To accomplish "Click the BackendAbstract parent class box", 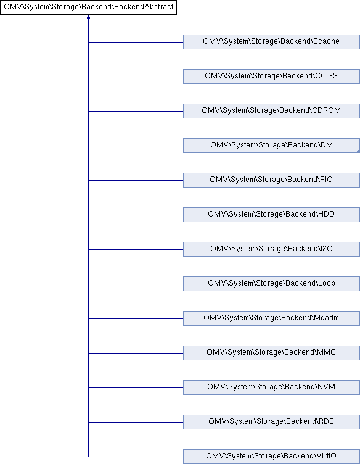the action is (x=88, y=7).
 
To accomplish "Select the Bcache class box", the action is (x=271, y=42).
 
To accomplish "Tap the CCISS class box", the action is (x=271, y=77).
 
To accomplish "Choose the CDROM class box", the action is (x=271, y=111).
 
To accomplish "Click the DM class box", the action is (x=271, y=146).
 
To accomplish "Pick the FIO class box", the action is (x=271, y=180).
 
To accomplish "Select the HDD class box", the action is (x=271, y=215).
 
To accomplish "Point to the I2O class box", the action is (x=271, y=249).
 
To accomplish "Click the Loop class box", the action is (x=271, y=284).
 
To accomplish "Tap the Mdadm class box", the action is (x=271, y=318).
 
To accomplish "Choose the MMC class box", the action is (x=271, y=353).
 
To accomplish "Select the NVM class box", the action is (x=271, y=387).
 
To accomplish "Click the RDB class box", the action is (x=271, y=422).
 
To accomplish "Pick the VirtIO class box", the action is (x=271, y=457).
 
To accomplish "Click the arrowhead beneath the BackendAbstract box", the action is (x=88, y=17).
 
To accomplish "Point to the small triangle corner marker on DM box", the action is (x=358, y=151).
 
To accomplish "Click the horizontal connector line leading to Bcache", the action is (x=136, y=43).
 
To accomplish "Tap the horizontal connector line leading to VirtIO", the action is (x=136, y=457).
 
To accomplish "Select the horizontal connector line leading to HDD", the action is (x=136, y=215).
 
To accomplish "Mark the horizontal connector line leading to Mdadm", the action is (x=136, y=319).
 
